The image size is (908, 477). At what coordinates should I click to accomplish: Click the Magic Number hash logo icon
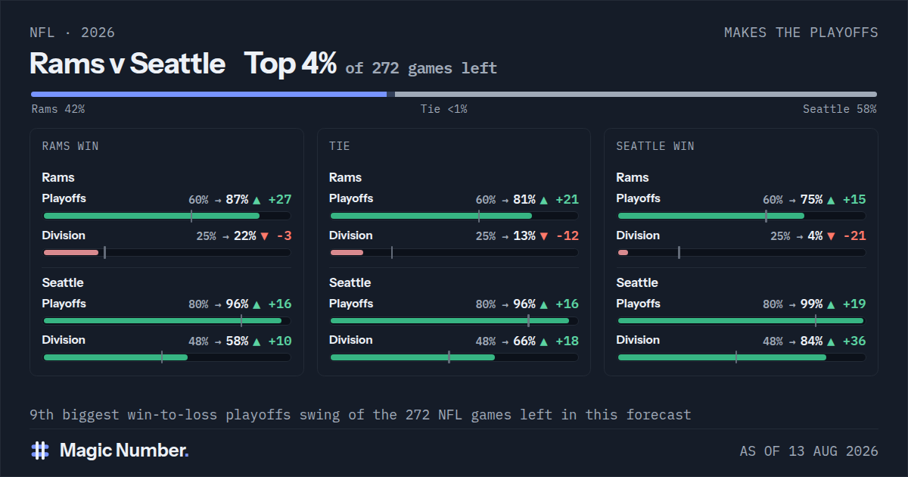click(40, 450)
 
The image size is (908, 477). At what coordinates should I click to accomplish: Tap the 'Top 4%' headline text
click(291, 64)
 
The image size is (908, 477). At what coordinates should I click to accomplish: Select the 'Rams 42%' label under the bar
click(58, 109)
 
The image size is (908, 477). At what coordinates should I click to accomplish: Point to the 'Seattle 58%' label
click(839, 109)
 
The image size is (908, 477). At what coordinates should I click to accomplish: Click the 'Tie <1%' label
click(444, 109)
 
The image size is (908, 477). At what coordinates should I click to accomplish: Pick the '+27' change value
click(280, 200)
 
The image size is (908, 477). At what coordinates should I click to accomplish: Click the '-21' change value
click(854, 235)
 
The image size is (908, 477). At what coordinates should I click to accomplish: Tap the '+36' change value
click(854, 341)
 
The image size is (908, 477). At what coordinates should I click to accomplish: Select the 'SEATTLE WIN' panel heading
click(655, 146)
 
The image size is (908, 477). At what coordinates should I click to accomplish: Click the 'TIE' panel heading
click(339, 146)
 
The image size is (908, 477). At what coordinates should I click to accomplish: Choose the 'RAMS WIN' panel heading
click(70, 146)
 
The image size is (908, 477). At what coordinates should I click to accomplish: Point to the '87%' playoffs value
click(237, 200)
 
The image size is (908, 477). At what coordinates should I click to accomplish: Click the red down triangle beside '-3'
click(265, 236)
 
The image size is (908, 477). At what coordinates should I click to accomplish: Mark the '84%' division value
click(811, 341)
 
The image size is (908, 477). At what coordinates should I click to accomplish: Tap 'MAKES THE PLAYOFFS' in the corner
click(801, 33)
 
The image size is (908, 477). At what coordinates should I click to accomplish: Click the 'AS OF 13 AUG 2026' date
click(809, 451)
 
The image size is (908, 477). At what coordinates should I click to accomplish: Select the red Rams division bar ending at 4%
click(623, 253)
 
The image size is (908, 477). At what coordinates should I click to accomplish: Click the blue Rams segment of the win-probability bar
click(209, 95)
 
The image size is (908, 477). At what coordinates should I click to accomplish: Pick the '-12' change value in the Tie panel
click(567, 235)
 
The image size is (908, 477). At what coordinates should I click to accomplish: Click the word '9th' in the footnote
click(42, 415)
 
